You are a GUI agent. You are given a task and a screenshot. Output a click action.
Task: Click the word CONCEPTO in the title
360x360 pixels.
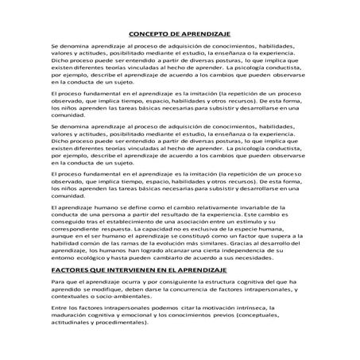click(148, 34)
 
